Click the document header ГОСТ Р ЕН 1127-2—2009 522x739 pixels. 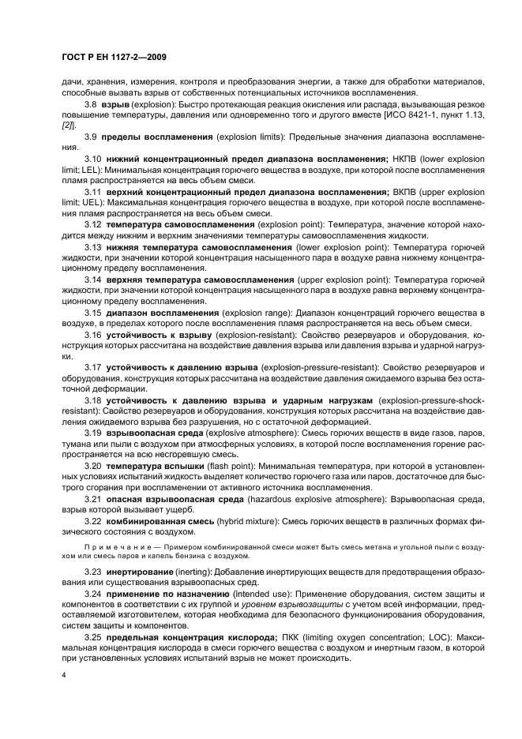pos(110,57)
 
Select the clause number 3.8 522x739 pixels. pos(91,104)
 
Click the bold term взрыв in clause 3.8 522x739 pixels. pos(115,104)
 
